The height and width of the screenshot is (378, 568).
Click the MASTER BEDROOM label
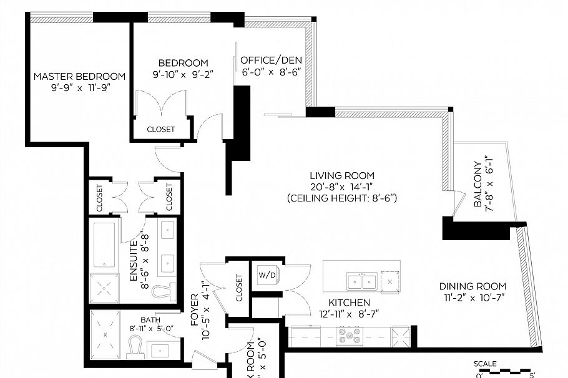[79, 76]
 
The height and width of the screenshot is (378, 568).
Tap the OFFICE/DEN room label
[272, 60]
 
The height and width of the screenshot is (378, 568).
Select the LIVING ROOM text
[342, 176]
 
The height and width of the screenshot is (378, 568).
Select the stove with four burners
[350, 337]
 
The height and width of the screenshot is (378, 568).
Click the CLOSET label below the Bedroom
[160, 130]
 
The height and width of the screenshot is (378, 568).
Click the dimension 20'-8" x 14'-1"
[342, 187]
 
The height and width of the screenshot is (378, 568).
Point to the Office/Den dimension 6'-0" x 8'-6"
[272, 72]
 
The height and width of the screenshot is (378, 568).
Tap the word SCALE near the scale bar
[484, 364]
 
